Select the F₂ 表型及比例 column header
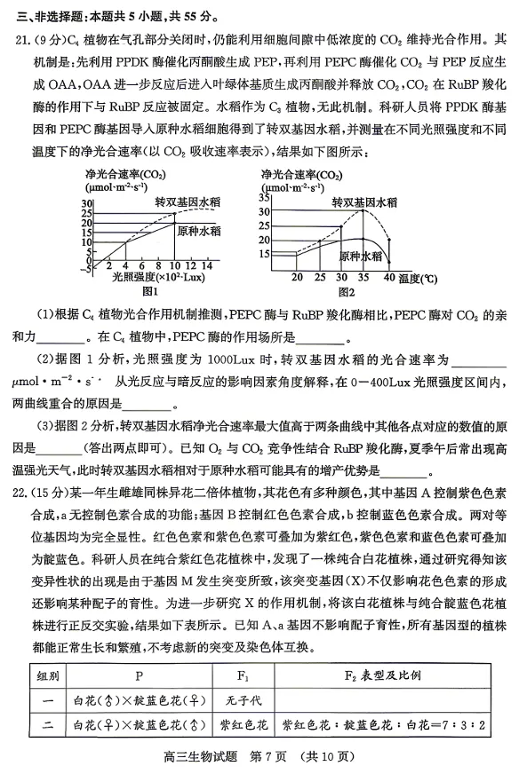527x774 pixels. (382, 675)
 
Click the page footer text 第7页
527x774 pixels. (267, 756)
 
